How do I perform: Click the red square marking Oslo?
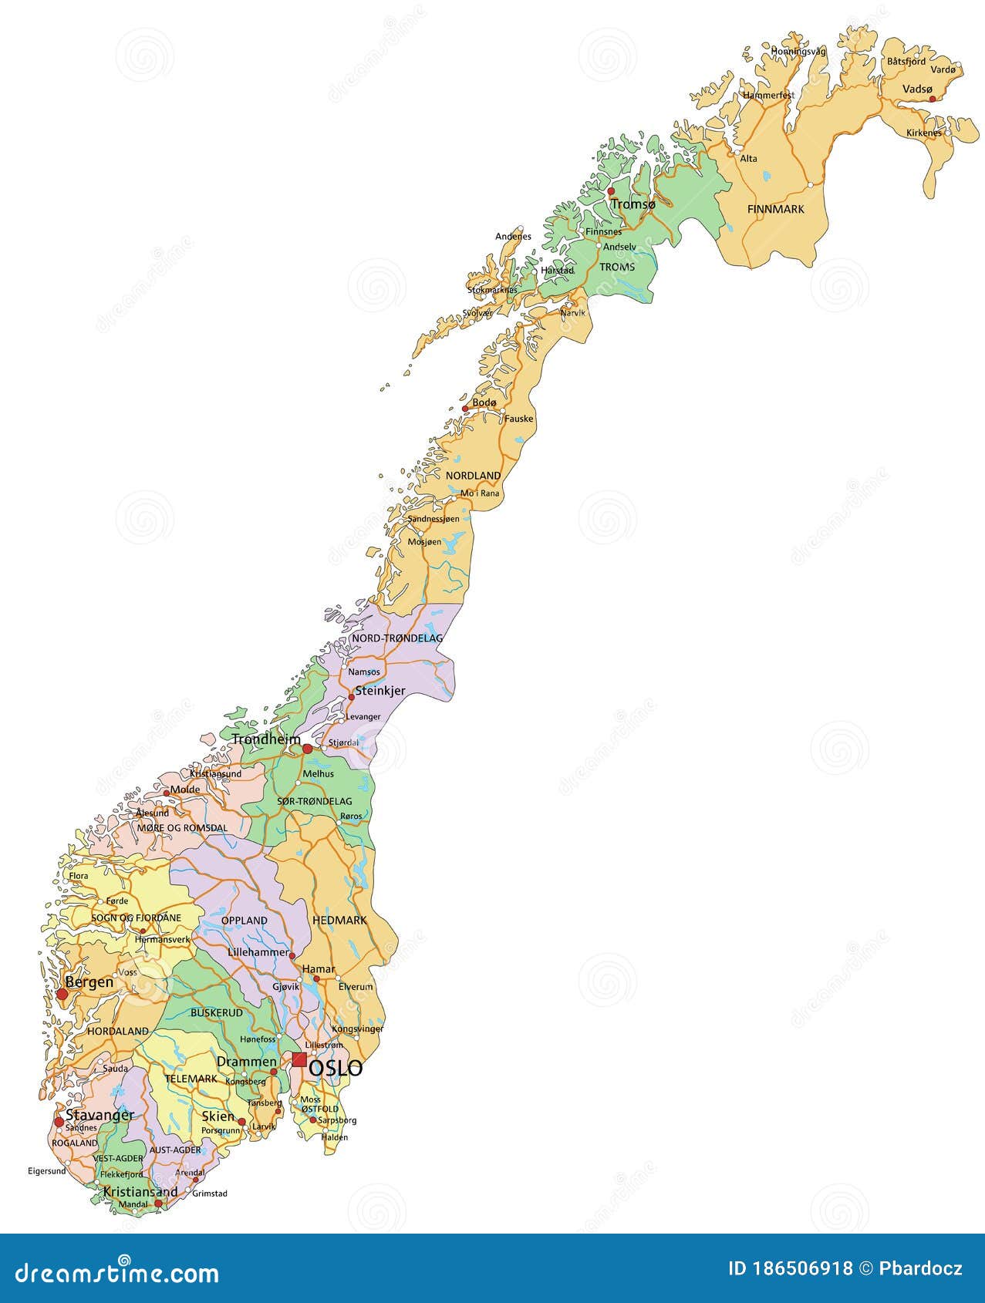click(299, 1059)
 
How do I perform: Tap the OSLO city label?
click(336, 1069)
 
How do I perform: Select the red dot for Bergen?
click(62, 995)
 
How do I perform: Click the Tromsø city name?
click(632, 204)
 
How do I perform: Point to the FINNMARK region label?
click(775, 209)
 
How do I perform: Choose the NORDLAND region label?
click(473, 476)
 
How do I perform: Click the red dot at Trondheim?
click(307, 749)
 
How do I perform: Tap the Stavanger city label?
click(100, 1115)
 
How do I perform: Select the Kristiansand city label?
click(140, 1192)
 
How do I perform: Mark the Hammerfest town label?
click(768, 95)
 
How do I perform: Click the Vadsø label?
click(917, 89)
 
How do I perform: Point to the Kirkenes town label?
click(923, 133)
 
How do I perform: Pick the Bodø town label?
click(484, 403)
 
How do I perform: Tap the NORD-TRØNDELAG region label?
click(396, 638)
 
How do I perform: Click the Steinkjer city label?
click(379, 692)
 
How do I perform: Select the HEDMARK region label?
click(339, 920)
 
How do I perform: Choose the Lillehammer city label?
click(258, 953)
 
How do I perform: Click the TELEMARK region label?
click(191, 1079)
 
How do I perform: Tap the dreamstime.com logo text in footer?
click(117, 1273)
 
